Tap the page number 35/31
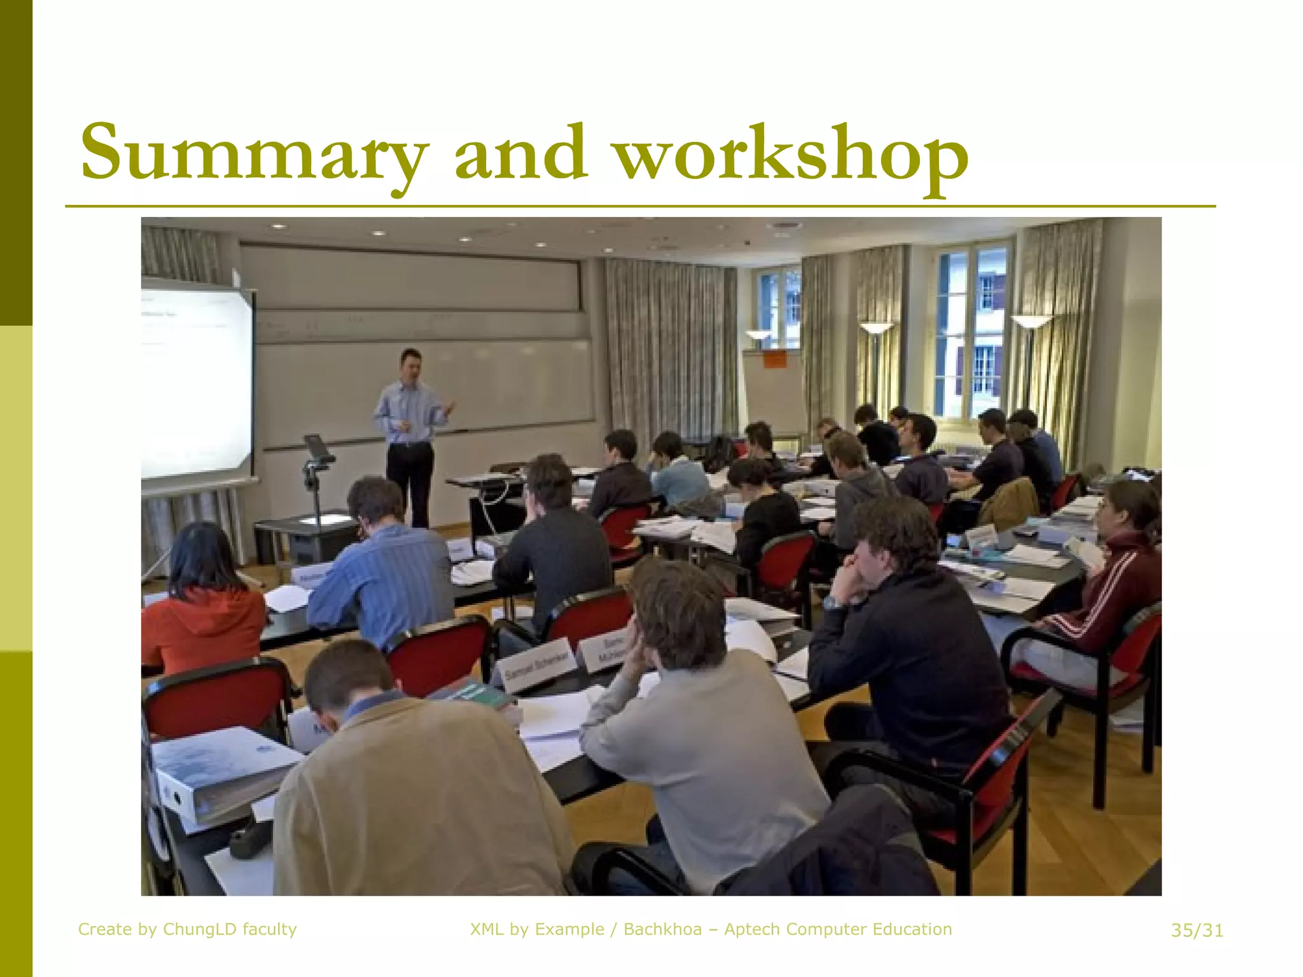tap(1197, 931)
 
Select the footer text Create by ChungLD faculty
tap(187, 930)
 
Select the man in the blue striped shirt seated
tap(382, 566)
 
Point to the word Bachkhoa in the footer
tap(662, 930)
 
